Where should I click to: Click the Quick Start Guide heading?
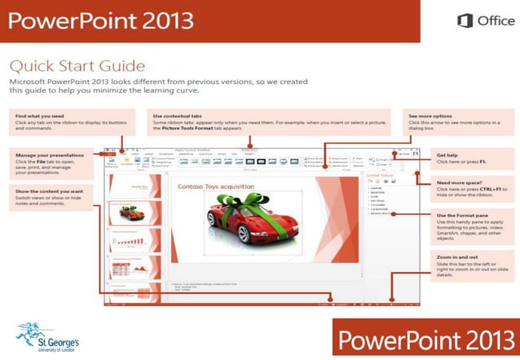coord(77,65)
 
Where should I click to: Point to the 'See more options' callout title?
coord(430,116)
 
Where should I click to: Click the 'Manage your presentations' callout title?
coord(50,154)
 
